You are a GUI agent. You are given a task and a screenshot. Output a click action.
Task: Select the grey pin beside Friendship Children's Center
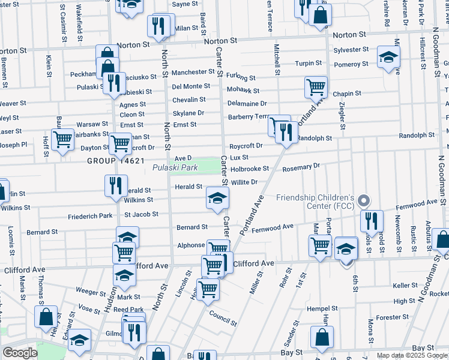tap(362, 200)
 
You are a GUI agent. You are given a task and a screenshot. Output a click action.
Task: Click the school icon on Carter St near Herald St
tap(217, 197)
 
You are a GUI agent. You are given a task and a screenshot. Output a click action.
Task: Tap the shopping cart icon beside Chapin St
tap(316, 87)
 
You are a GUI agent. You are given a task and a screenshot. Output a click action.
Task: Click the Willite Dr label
tap(244, 182)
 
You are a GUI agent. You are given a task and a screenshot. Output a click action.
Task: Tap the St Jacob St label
tap(141, 214)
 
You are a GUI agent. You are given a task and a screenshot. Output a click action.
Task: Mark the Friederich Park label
tap(91, 216)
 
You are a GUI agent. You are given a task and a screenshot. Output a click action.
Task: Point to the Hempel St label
tap(322, 308)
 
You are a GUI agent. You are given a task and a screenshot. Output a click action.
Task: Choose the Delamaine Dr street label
tap(247, 104)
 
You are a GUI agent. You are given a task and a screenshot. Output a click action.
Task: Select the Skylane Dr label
tap(188, 113)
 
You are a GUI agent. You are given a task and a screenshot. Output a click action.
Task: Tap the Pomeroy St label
tap(347, 64)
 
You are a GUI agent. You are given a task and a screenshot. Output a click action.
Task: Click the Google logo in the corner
tap(19, 353)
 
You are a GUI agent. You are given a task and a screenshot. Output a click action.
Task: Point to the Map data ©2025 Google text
tap(412, 355)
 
